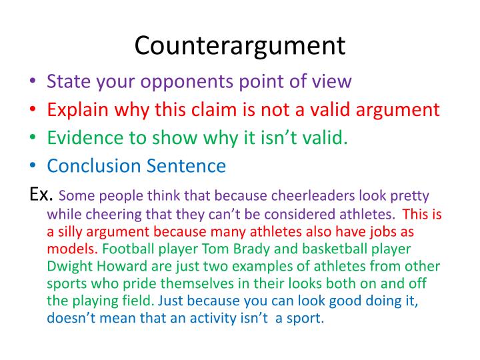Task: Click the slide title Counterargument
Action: click(x=240, y=45)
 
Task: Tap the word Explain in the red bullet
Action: click(x=75, y=109)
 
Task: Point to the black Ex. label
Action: click(x=42, y=195)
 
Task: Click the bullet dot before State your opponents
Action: click(x=34, y=82)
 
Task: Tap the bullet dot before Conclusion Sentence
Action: click(x=34, y=166)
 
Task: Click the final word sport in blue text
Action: click(x=305, y=319)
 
